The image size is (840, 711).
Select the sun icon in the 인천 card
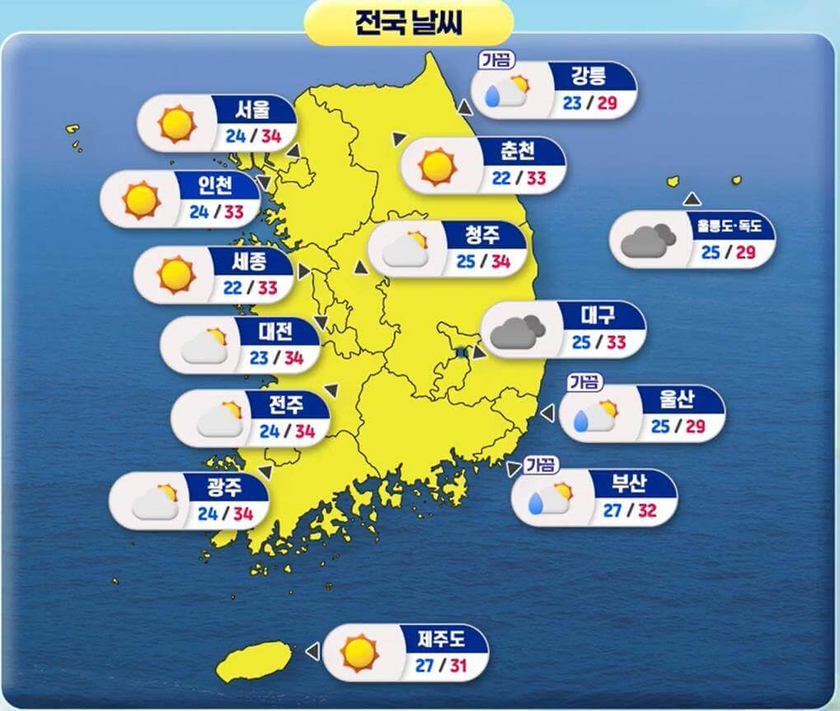140,200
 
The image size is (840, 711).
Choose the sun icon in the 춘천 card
438,165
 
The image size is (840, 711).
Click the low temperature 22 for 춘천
501,179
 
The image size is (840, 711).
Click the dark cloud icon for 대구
517,330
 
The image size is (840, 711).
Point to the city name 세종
252,262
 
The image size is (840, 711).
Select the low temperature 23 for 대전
259,359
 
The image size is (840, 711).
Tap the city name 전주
287,405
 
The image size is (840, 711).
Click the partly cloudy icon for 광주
156,501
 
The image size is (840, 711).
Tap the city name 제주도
442,638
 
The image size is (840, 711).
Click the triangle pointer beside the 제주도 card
312,652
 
